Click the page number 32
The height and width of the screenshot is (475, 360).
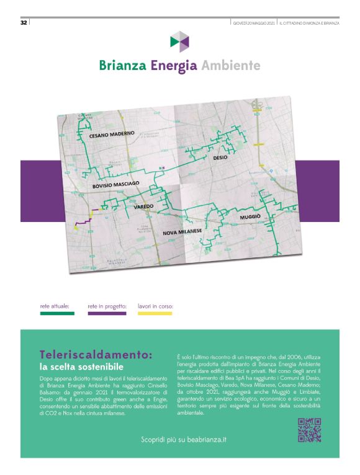[23, 23]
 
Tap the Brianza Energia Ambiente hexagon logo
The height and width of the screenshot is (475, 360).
[179, 42]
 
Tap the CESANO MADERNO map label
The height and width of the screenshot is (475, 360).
[112, 135]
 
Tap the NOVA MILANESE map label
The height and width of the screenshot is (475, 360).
[182, 231]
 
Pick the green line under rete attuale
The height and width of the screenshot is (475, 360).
[56, 314]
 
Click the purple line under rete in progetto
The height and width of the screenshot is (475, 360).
[107, 314]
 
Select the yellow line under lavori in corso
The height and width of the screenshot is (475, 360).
[155, 314]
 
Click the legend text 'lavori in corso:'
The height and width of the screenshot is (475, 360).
[155, 306]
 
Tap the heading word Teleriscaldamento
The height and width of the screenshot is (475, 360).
[96, 355]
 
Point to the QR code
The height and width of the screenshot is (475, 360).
[309, 430]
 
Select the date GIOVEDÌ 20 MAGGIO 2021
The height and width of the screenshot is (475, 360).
[254, 23]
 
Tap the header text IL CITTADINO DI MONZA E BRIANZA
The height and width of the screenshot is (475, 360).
[308, 23]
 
